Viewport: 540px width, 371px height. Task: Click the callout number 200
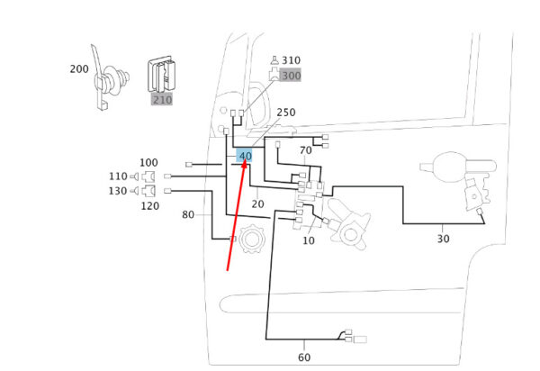(79, 69)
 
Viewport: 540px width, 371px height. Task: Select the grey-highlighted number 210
(162, 100)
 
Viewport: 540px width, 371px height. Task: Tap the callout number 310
(291, 60)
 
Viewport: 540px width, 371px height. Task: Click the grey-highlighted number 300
(291, 76)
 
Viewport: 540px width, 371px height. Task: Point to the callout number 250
(286, 113)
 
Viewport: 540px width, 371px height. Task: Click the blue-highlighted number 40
(245, 156)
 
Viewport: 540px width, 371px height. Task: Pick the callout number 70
(305, 150)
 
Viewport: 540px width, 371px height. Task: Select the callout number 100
(148, 162)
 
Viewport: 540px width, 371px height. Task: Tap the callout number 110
(118, 176)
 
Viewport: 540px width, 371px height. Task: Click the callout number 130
(118, 191)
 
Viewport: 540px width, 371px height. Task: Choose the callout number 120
(150, 206)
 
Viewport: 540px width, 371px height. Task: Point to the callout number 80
(188, 214)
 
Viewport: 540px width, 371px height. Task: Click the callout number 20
(257, 204)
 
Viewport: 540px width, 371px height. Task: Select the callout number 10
(309, 240)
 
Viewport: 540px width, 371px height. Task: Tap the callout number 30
(443, 239)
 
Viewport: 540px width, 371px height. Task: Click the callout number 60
(304, 357)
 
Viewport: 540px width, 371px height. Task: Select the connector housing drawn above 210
(161, 75)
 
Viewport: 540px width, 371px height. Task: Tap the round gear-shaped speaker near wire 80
(251, 239)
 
